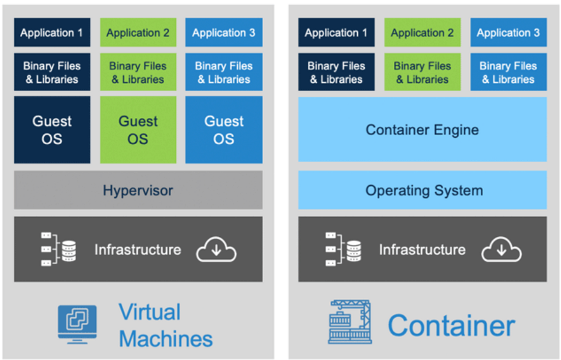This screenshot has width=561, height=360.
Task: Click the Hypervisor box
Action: coord(138,190)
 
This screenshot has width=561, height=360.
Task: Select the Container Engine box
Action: coord(422,130)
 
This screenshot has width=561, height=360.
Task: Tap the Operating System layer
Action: coord(422,190)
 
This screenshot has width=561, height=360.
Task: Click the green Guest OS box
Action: coord(138,130)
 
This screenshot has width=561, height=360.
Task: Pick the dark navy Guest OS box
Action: coord(52,130)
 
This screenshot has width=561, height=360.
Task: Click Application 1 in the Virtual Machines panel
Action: coord(52,33)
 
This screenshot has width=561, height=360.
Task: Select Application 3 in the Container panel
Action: coord(508,33)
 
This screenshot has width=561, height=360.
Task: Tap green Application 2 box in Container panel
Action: coord(422,33)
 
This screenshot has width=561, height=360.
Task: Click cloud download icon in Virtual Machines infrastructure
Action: coord(216,250)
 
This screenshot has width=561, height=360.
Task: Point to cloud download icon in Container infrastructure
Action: coord(501,250)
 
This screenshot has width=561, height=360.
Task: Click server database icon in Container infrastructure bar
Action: coord(343,249)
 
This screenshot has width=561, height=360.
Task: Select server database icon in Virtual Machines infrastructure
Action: coord(58,249)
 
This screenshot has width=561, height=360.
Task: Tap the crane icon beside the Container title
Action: coord(350,322)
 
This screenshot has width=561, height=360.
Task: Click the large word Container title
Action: coord(451,325)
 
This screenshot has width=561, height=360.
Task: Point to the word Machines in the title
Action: coord(166,339)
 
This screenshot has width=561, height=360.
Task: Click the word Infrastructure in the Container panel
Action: coord(422,250)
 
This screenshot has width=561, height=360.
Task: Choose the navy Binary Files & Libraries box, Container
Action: coord(336,72)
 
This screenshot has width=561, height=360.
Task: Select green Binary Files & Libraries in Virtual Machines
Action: coord(138,72)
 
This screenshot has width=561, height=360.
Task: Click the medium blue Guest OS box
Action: coord(224,130)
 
